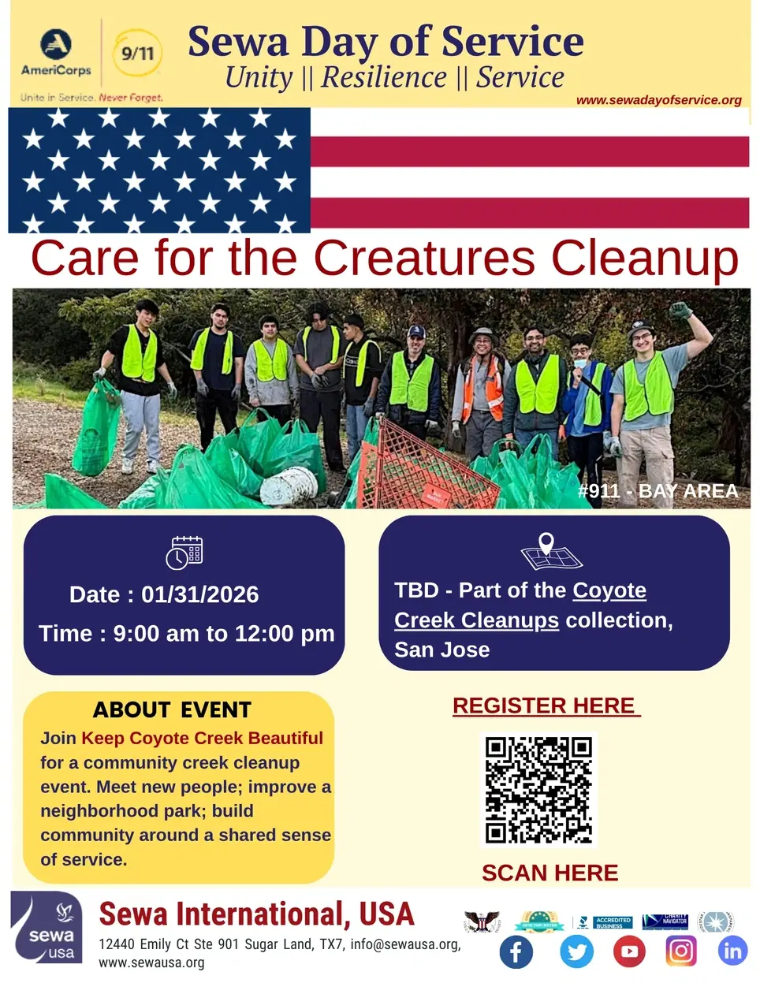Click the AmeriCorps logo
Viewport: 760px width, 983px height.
56,54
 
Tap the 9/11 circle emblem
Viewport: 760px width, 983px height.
138,53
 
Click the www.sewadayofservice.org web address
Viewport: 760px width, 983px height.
658,100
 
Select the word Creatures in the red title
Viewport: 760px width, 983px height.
424,258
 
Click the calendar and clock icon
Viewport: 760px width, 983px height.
184,552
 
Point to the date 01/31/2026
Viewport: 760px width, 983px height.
199,594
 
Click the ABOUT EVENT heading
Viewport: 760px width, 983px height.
172,709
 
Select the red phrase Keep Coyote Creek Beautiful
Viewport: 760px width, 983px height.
202,739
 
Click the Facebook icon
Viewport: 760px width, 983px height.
516,951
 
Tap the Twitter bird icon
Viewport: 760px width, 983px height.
577,951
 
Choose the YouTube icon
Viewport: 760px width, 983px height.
629,951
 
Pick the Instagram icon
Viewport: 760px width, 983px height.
681,951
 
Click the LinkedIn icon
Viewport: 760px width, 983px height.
732,951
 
